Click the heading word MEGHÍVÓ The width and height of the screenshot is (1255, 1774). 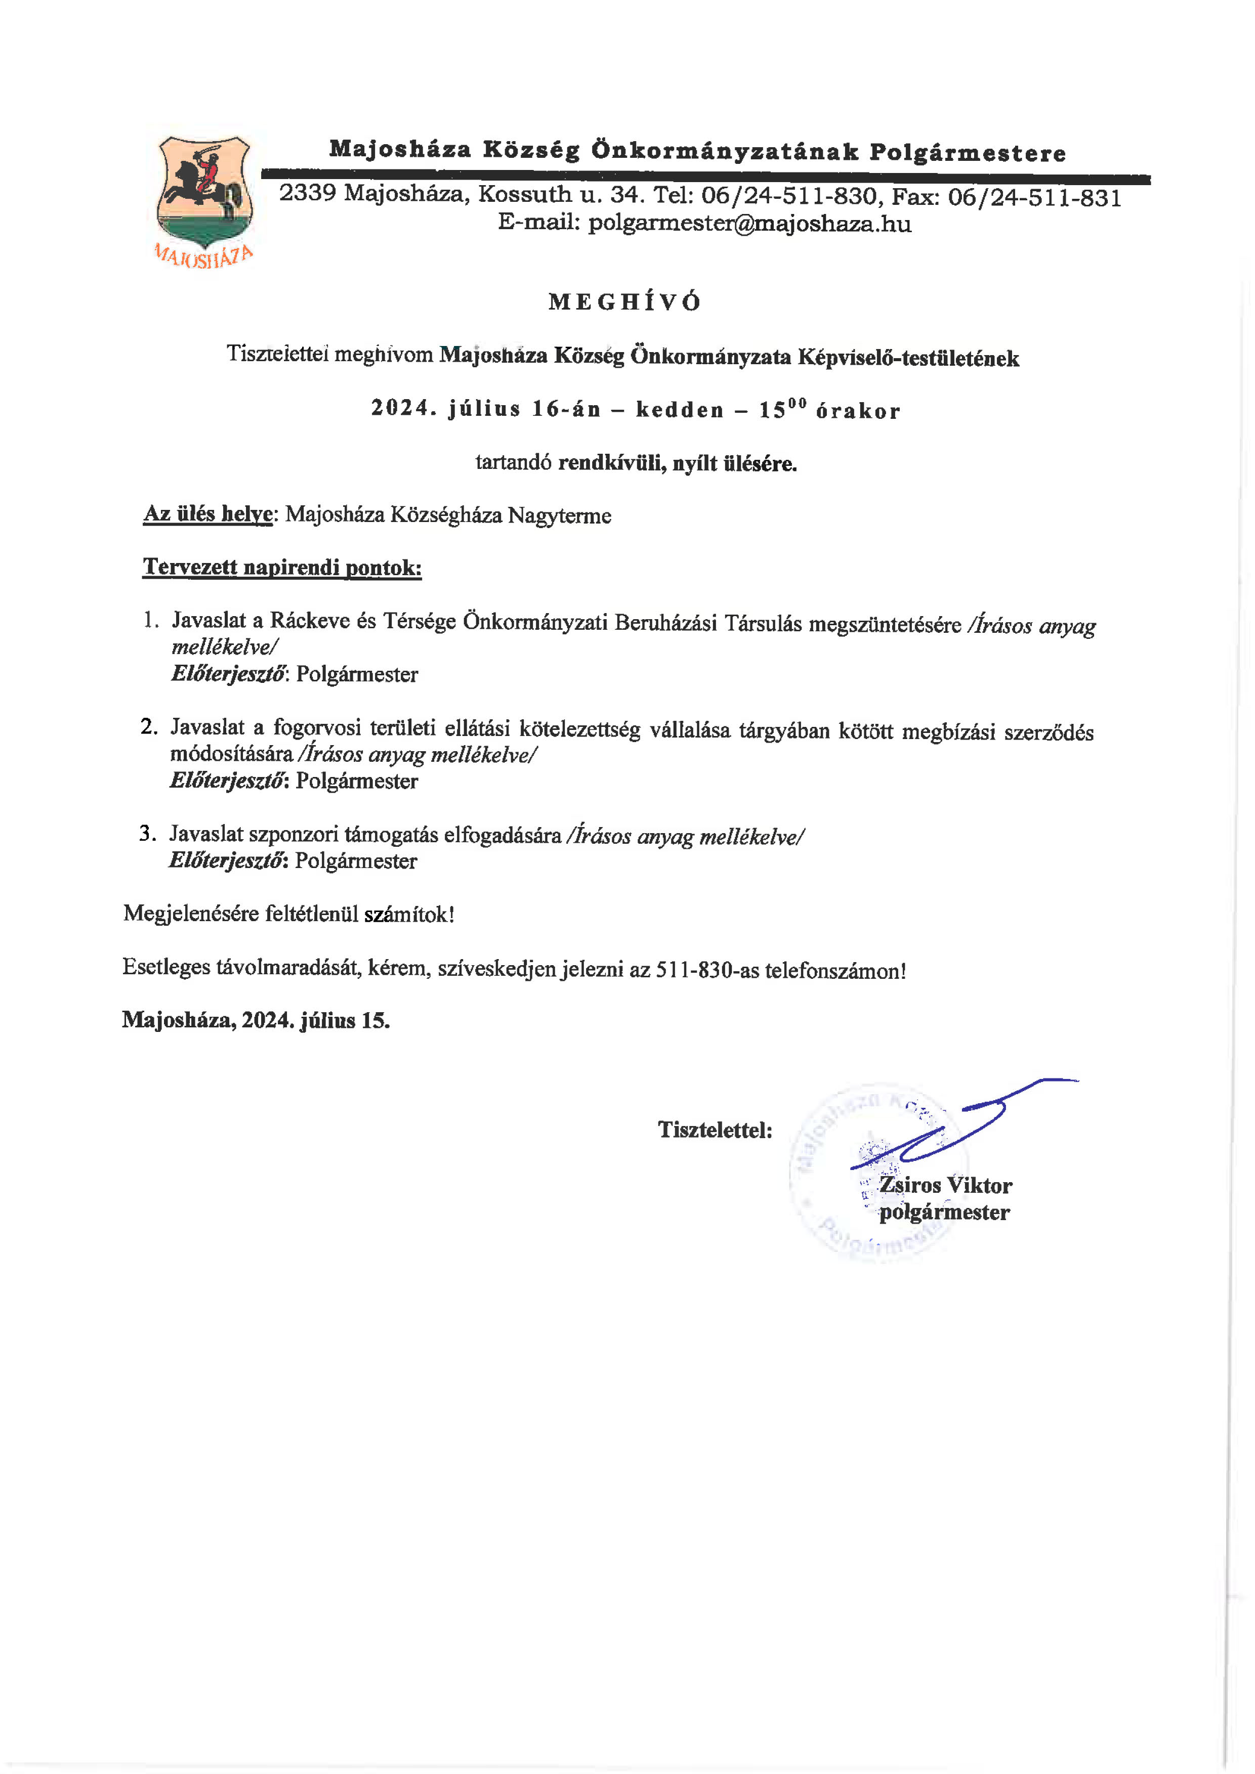click(x=624, y=302)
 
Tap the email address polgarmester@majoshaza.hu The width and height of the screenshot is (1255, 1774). click(x=749, y=224)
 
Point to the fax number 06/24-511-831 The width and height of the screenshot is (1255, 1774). click(x=1034, y=198)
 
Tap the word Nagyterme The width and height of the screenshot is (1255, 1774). click(x=559, y=515)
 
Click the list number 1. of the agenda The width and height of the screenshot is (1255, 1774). click(x=151, y=620)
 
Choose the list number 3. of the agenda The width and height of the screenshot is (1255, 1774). click(x=148, y=833)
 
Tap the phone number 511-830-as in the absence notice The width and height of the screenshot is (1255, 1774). click(x=707, y=970)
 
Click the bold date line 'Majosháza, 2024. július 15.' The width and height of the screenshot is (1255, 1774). click(x=256, y=1021)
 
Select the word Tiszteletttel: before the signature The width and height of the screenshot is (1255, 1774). click(x=715, y=1130)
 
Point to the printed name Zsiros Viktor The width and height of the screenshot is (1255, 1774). click(x=945, y=1185)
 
